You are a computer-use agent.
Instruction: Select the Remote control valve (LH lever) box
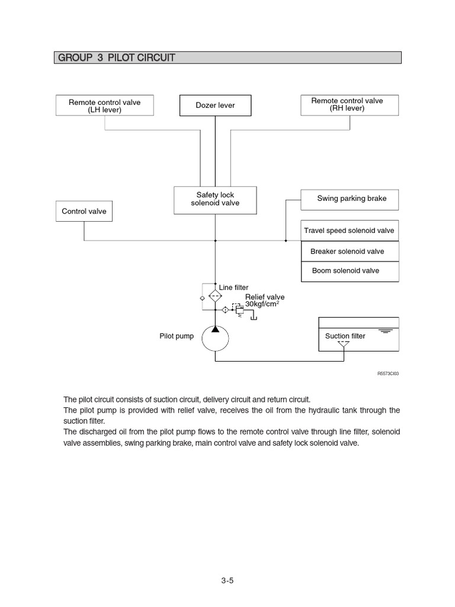tap(104, 106)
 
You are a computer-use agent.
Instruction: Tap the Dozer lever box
tap(215, 106)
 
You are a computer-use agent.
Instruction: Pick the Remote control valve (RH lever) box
tap(349, 105)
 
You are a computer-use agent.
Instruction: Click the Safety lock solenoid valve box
tap(215, 200)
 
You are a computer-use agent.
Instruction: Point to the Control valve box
tap(84, 211)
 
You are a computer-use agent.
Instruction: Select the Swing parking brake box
tap(350, 199)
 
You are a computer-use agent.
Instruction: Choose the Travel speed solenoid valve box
tap(350, 231)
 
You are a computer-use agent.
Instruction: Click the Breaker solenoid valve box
tap(350, 251)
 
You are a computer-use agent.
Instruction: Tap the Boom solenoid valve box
tap(350, 271)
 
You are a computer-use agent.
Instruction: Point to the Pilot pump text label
tap(177, 336)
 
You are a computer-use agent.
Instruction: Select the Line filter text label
tap(234, 287)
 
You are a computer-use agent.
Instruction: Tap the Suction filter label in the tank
tap(345, 336)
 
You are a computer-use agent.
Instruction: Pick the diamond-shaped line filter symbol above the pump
tap(215, 294)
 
